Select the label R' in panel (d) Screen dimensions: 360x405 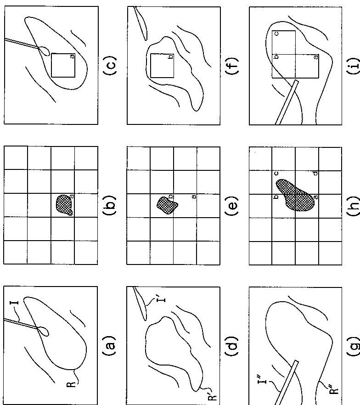tap(212, 398)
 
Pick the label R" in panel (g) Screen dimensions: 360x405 tap(334, 395)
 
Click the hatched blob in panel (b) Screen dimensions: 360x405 tap(64, 205)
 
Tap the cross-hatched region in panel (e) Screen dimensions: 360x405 tap(167, 205)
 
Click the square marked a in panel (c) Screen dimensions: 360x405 tap(63, 65)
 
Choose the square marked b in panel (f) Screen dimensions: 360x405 tap(162, 66)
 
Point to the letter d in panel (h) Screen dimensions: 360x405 tap(315, 174)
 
